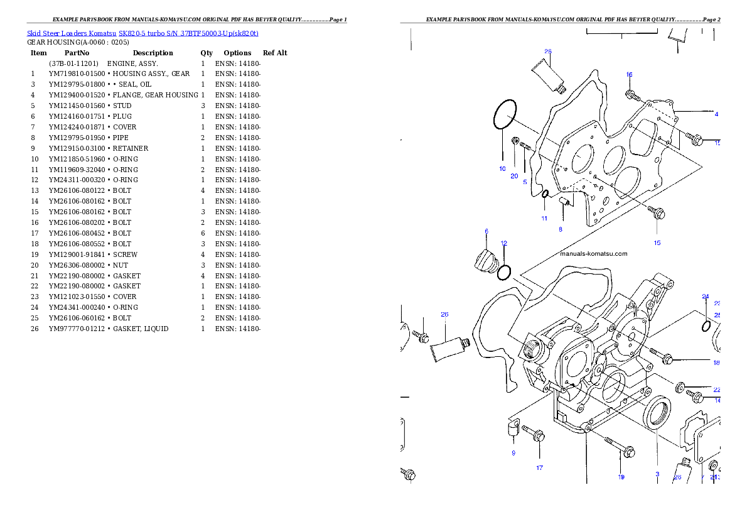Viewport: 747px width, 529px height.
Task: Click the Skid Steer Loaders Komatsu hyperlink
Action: (142, 33)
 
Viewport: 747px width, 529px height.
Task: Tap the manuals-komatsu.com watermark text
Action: (593, 254)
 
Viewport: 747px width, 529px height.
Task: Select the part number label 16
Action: (629, 75)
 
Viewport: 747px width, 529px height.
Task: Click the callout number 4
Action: (716, 114)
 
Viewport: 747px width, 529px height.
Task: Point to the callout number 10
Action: (502, 168)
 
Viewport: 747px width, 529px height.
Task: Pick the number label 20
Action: (514, 176)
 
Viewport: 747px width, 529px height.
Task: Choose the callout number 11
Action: (544, 219)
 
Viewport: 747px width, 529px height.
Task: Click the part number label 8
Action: (561, 229)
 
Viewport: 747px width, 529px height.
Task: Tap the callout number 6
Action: (486, 231)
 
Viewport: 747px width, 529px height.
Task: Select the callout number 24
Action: (705, 297)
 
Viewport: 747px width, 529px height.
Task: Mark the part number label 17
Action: (539, 467)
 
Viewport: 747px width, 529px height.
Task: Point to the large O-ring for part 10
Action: (504, 114)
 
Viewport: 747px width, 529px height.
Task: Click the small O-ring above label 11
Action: (545, 194)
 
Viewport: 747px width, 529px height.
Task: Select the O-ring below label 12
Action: (503, 273)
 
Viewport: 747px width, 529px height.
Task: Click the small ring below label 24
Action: (706, 326)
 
